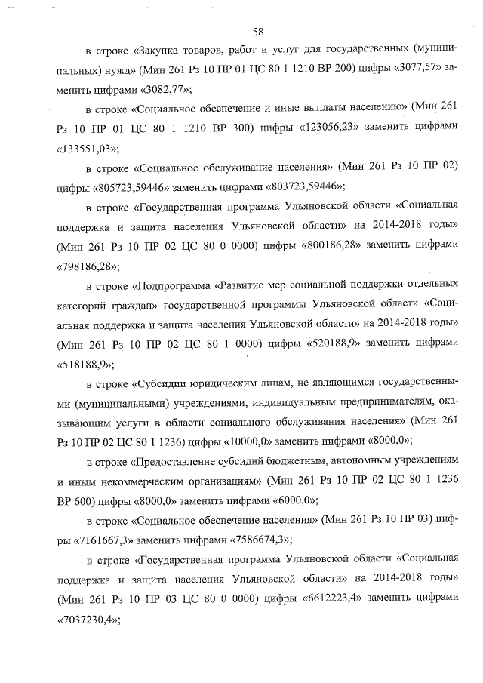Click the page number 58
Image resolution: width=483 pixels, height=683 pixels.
tap(257, 32)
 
